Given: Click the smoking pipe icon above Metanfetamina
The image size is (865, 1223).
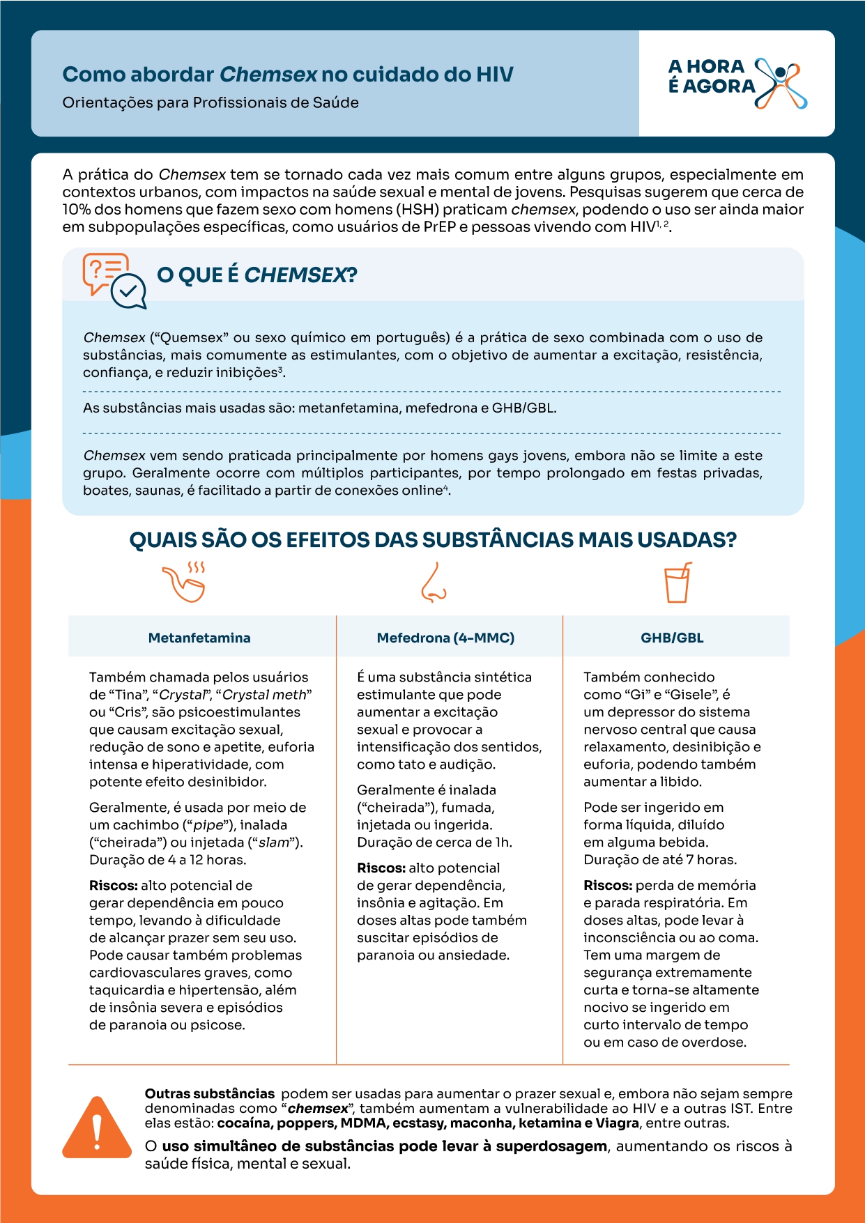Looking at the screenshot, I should coord(184,582).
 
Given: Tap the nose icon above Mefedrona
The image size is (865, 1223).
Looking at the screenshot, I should coord(434,583).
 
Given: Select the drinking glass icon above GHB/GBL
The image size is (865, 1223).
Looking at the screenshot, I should coord(677,583).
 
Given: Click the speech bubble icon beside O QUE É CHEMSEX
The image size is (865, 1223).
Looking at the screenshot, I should coord(114,281).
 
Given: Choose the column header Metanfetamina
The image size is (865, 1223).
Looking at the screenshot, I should coord(199,638).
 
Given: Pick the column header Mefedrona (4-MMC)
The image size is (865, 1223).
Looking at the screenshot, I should coord(445,638).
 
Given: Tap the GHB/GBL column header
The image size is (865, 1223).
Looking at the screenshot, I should coord(672,638).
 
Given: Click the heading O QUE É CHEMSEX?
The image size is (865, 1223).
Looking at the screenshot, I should coord(257,275).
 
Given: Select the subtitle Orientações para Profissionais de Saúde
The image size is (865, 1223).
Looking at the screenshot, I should coord(210,102).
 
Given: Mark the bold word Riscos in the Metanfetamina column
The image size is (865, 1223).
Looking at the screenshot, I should coord(113,886).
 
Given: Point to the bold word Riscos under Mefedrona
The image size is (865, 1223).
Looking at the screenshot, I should coord(381,868).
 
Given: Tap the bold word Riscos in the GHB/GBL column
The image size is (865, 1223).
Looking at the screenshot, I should coord(607,886).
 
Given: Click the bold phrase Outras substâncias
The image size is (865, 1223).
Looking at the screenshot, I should coord(210,1094).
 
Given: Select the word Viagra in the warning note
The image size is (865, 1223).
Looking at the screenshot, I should coord(617,1123).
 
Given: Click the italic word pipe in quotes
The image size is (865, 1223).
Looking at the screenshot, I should coord(208,825).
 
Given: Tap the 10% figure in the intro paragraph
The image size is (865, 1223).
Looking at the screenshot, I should coord(76,210).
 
